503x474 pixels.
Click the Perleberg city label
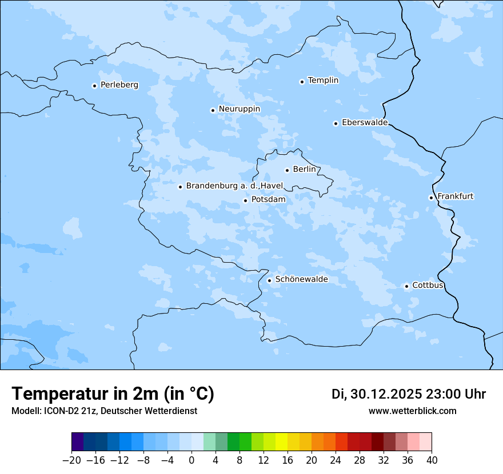tap(119, 85)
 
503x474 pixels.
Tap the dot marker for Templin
tap(302, 82)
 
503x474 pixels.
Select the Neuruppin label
tap(239, 109)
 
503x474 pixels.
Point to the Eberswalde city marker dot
tap(336, 123)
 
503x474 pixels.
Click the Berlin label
tap(304, 170)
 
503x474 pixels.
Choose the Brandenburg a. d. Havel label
tap(234, 186)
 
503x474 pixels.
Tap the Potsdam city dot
tap(245, 200)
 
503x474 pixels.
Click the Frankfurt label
tap(455, 196)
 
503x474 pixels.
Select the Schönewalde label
tap(301, 280)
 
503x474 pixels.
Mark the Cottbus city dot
tap(406, 286)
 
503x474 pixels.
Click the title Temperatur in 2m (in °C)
tap(113, 394)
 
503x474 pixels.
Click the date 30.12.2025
tap(386, 394)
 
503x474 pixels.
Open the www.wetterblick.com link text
tap(412, 411)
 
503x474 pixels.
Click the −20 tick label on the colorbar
tap(71, 460)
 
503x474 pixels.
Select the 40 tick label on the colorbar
tap(432, 460)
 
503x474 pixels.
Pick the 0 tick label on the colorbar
tap(191, 460)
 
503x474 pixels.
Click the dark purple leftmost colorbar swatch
tap(78, 442)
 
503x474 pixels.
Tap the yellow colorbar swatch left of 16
tap(281, 442)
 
